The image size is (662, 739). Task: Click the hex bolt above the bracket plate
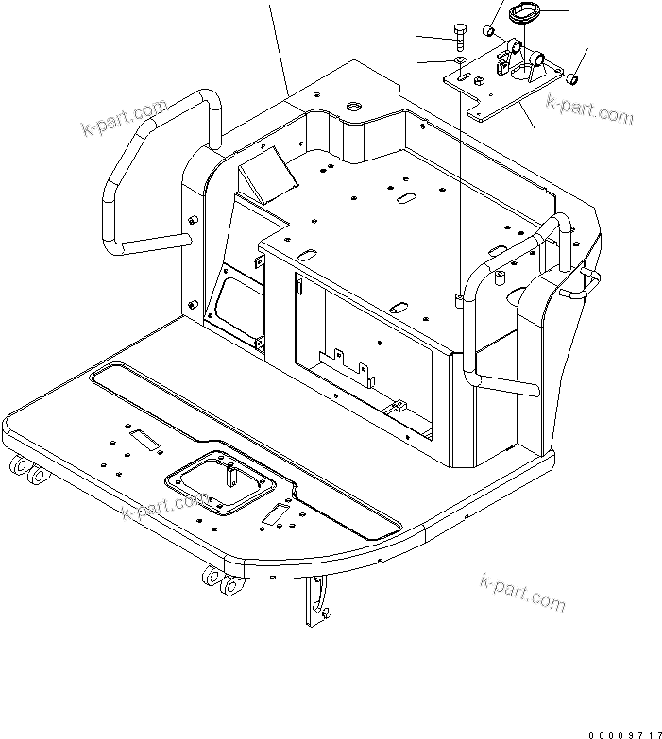tap(459, 36)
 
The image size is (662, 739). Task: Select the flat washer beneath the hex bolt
tap(459, 61)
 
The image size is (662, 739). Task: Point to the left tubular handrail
tap(142, 179)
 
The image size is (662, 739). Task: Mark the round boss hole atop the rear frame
tap(356, 108)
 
